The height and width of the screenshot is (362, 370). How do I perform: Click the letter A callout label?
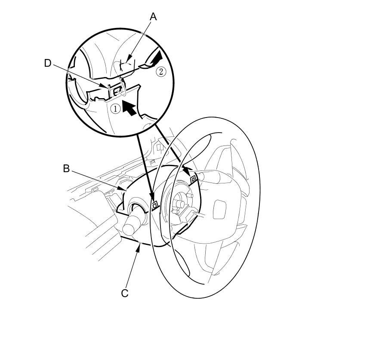coord(153,17)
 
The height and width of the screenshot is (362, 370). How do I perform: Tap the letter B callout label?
coord(66,168)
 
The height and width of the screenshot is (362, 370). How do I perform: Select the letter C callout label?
coord(125,294)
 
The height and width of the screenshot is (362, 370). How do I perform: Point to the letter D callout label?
coord(48,63)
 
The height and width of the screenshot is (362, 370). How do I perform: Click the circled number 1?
coord(115,109)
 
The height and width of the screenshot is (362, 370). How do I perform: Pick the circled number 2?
coord(160,71)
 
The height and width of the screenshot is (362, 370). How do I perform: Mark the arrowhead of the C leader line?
coord(139,245)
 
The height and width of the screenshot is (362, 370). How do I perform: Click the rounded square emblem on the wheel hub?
coord(219,210)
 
